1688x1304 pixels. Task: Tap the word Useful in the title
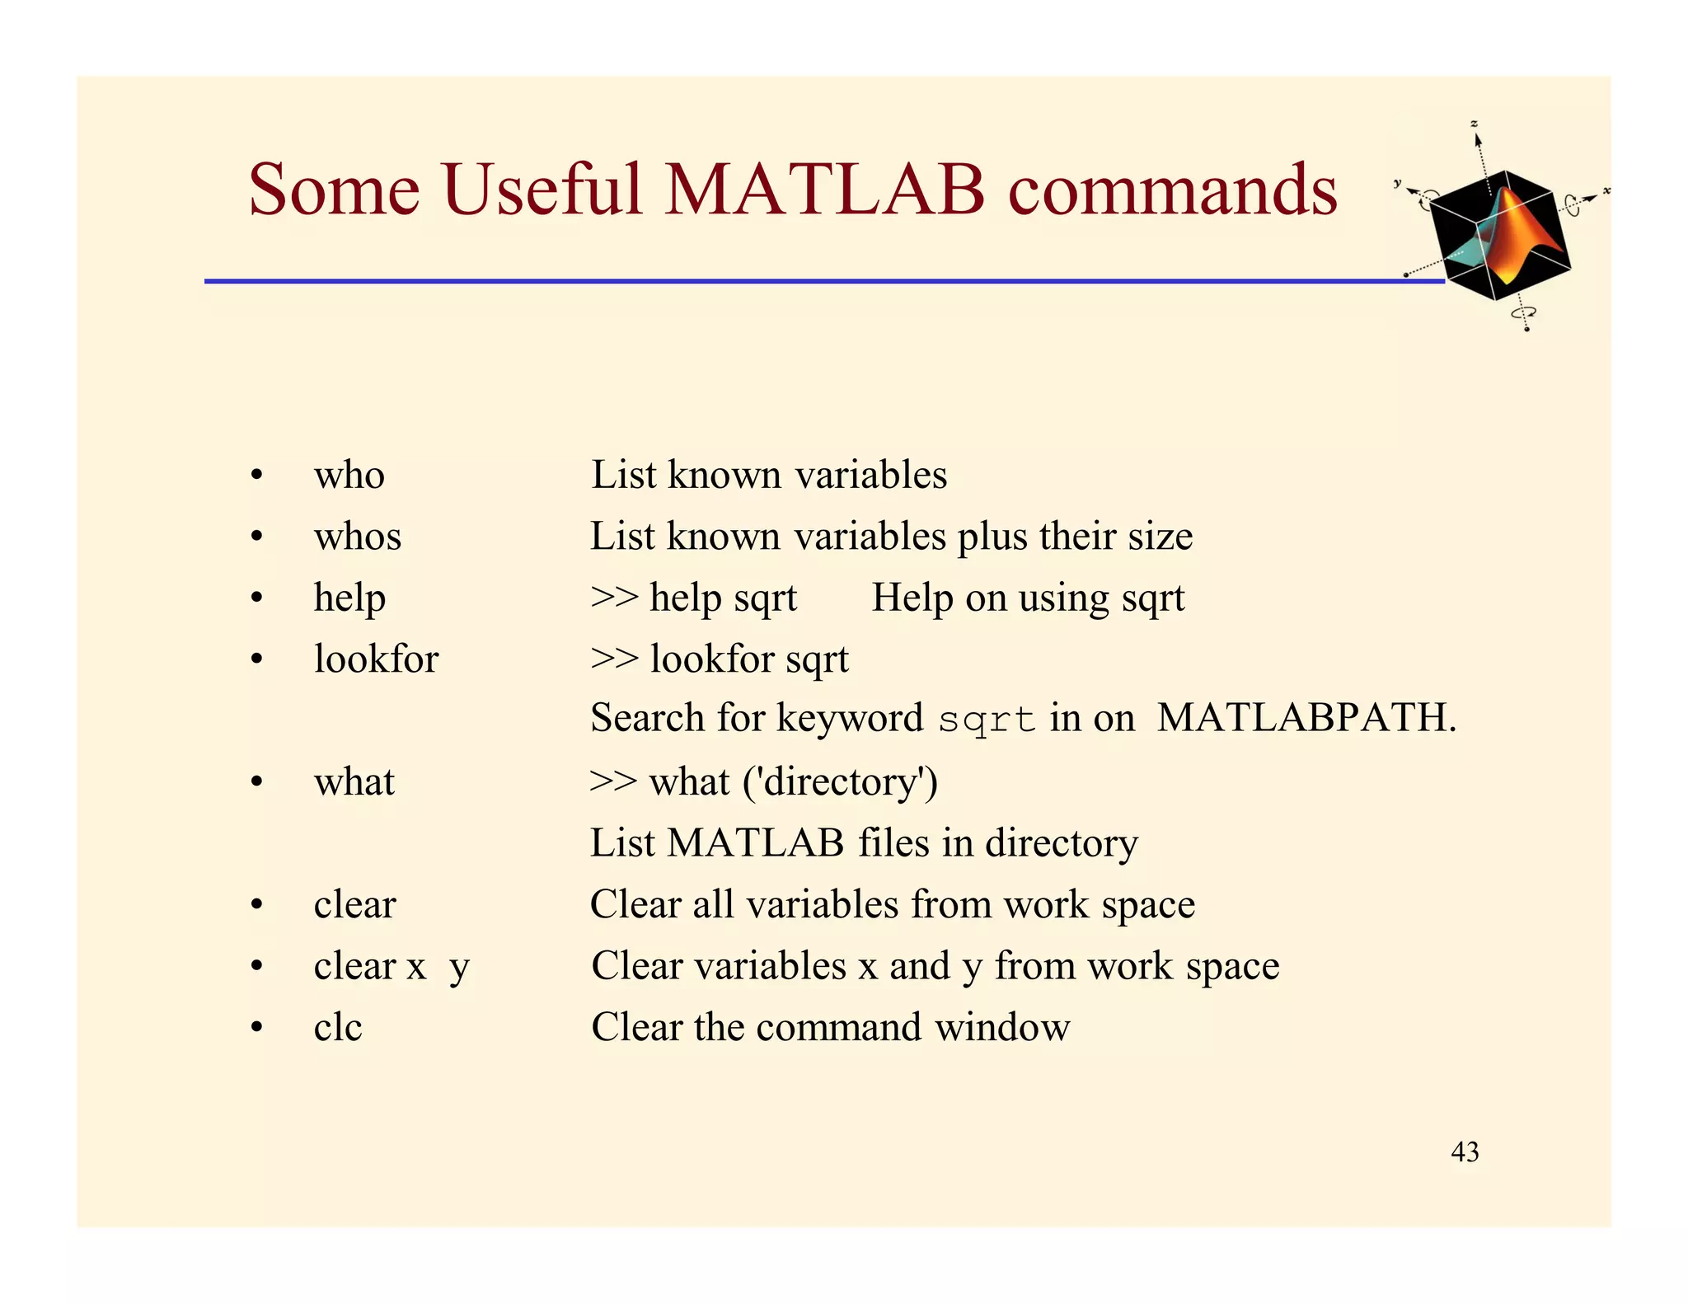[x=542, y=190]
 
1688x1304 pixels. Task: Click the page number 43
[x=1465, y=1152]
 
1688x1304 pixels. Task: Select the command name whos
[x=358, y=537]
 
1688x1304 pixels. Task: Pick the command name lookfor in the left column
[x=376, y=659]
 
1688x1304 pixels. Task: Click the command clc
[x=338, y=1027]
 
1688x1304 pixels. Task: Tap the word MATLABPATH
[x=1306, y=717]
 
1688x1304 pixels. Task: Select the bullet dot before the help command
[x=257, y=598]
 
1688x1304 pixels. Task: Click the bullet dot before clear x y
[x=257, y=965]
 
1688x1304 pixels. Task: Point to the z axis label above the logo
[x=1475, y=124]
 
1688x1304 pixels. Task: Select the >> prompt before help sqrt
[x=614, y=598]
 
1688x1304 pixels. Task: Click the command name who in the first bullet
[x=349, y=476]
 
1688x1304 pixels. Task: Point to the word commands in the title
[x=1172, y=190]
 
